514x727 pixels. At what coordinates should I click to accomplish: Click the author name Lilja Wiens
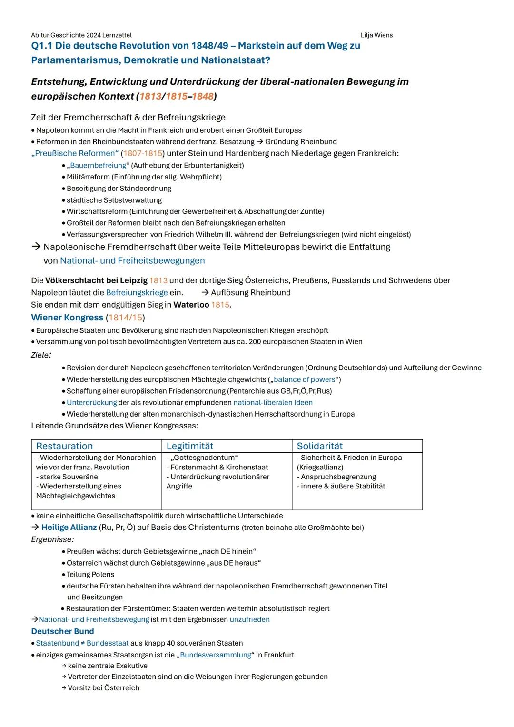click(376, 35)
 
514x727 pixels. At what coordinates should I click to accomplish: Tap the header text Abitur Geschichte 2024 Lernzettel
click(81, 35)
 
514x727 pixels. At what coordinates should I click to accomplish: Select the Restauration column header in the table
click(64, 446)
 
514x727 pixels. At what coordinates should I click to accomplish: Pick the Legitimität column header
click(189, 446)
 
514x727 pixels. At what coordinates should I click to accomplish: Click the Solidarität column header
click(319, 446)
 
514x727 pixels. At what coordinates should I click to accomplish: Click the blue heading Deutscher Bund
click(62, 631)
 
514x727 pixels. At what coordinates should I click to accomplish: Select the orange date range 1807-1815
click(143, 153)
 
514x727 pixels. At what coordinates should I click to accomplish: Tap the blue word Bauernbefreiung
click(98, 166)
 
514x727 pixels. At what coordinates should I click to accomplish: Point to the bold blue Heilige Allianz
click(69, 528)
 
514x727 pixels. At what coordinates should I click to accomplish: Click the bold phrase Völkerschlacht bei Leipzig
click(96, 280)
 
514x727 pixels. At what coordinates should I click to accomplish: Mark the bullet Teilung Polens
click(90, 575)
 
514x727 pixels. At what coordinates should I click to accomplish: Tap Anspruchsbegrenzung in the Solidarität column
click(338, 477)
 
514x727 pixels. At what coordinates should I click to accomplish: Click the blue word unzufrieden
click(249, 619)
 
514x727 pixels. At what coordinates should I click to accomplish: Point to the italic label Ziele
click(40, 355)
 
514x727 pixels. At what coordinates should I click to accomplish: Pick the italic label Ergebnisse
click(52, 539)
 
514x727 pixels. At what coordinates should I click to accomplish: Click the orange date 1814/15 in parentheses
click(125, 318)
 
